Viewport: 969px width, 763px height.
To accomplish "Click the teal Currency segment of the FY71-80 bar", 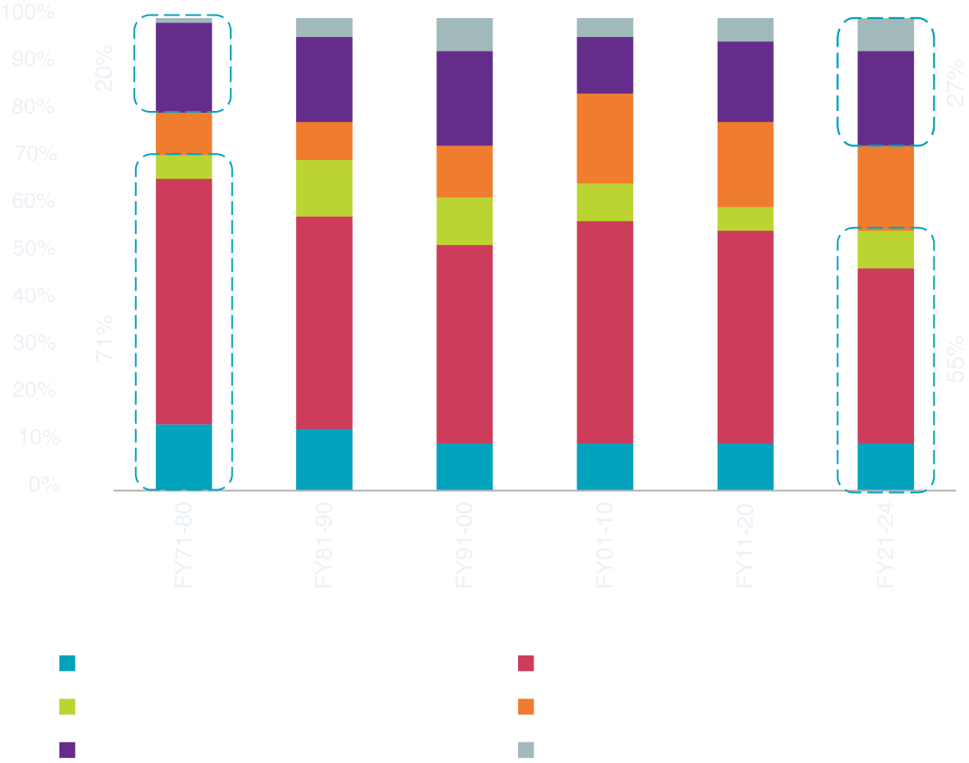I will coord(184,457).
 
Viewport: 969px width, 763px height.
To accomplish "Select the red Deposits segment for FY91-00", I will coord(465,344).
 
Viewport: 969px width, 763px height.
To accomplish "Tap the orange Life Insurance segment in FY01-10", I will coord(605,138).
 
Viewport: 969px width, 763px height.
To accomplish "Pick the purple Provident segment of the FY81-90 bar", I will coord(324,79).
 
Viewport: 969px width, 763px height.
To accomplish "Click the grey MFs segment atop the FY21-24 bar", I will coord(886,34).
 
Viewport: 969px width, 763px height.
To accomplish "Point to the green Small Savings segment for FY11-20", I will coord(745,218).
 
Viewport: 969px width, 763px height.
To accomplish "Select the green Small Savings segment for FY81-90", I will coord(324,188).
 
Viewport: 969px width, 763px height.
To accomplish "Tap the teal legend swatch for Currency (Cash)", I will coord(68,663).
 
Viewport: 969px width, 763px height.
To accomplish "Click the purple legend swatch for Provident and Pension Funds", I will coord(68,749).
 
